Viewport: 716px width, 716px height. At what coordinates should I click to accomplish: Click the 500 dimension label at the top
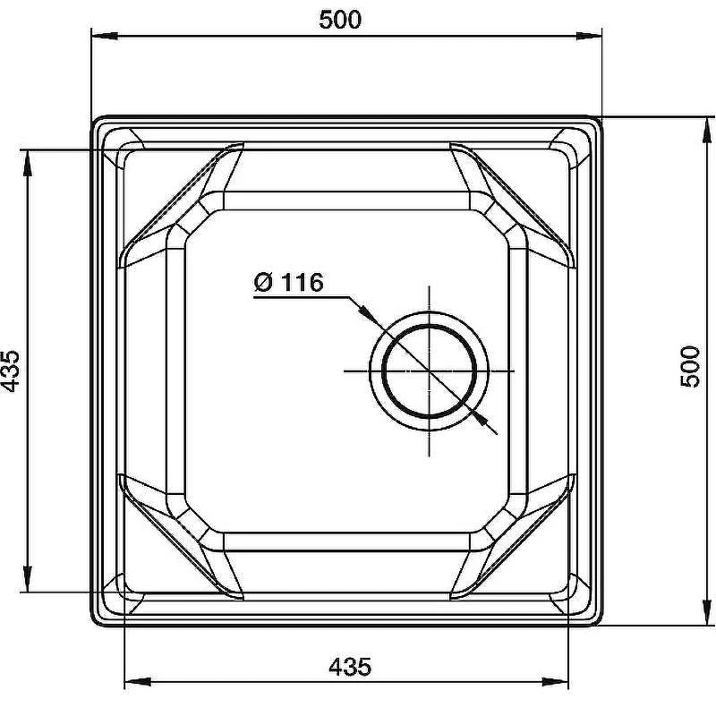click(x=340, y=20)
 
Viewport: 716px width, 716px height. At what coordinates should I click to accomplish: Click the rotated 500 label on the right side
click(x=690, y=367)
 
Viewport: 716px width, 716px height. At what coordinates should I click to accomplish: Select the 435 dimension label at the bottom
click(x=350, y=667)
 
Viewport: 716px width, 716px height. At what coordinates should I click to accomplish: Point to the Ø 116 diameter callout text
click(x=288, y=283)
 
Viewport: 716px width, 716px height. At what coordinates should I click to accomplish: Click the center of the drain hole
click(x=430, y=371)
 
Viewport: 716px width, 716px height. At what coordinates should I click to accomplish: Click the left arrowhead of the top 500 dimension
click(x=105, y=36)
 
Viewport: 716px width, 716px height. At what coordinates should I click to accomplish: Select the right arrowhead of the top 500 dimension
click(x=589, y=36)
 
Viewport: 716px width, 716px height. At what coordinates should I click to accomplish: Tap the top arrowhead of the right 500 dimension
click(x=708, y=130)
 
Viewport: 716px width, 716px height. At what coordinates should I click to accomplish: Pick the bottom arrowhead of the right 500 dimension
click(x=708, y=611)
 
